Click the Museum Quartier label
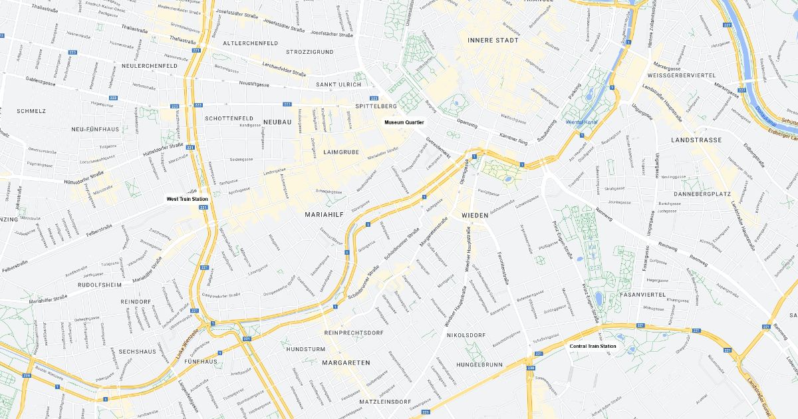point(404,122)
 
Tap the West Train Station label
point(187,199)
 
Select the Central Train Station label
point(593,346)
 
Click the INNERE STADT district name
point(493,40)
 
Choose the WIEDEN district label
point(475,216)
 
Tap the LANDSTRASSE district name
point(696,140)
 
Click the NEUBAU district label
point(277,122)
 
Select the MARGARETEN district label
point(346,362)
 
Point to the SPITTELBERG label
point(376,106)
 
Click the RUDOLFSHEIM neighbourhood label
point(100,285)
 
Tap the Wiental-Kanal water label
point(583,122)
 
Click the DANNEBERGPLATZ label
point(702,194)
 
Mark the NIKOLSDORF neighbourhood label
point(465,335)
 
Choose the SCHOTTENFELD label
point(229,118)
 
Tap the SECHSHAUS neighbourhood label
point(137,351)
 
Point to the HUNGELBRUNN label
point(479,364)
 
